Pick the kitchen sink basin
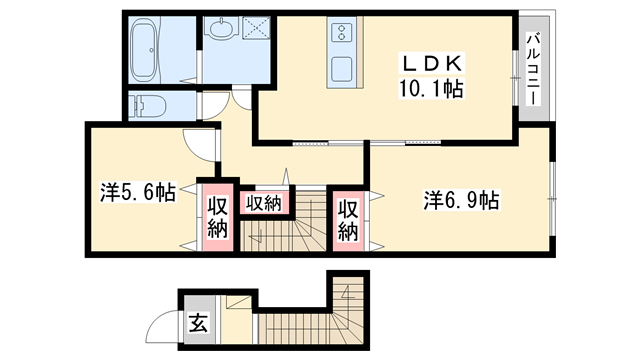340,70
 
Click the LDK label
428,62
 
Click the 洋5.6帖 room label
138,193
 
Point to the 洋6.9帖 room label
461,201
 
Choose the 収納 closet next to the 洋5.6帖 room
218,215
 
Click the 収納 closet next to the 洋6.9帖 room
347,219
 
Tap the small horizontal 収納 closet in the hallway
264,202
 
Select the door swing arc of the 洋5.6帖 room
201,145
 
